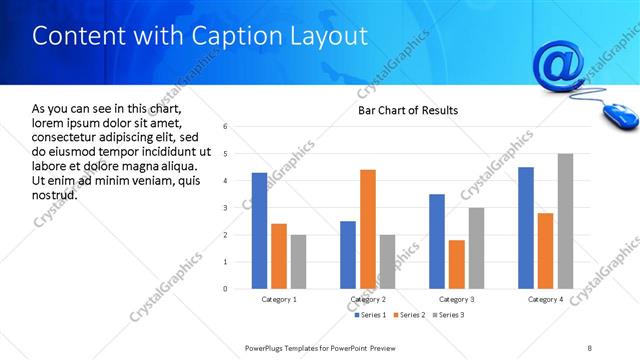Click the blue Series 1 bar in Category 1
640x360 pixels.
point(259,231)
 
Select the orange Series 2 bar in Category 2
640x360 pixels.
point(367,229)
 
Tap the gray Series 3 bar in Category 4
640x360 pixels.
point(565,221)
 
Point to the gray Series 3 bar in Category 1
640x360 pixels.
point(298,262)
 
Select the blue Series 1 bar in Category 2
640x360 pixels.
point(348,255)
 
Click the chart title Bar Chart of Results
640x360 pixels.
point(408,111)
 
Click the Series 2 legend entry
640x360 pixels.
point(410,315)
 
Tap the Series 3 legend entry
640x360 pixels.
point(450,315)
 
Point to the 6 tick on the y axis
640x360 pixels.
point(225,127)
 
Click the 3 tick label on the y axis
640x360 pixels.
point(225,208)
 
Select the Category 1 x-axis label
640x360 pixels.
point(279,299)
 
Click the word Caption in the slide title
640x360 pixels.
point(235,36)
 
